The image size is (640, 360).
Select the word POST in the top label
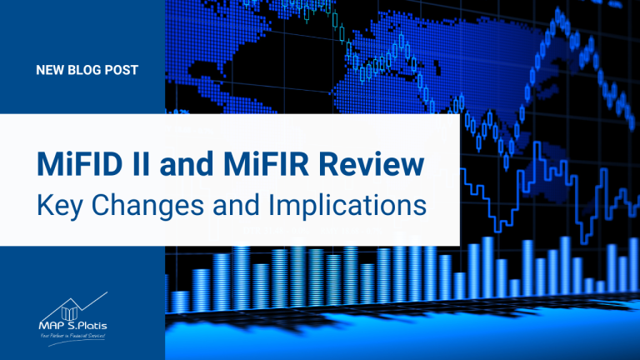point(123,70)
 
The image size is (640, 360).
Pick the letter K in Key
point(43,204)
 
